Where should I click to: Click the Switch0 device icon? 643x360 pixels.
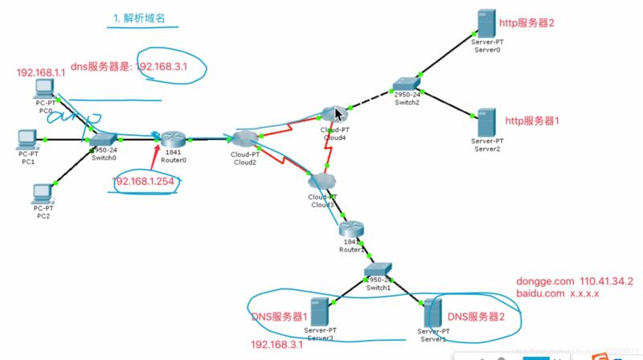104,139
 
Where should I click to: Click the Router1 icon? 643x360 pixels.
351,230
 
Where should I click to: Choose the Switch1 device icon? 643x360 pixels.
377,269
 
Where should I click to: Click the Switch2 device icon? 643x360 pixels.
405,84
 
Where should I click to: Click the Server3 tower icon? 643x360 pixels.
319,310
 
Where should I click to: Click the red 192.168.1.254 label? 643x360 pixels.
149,182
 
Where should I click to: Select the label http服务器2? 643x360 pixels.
526,22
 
